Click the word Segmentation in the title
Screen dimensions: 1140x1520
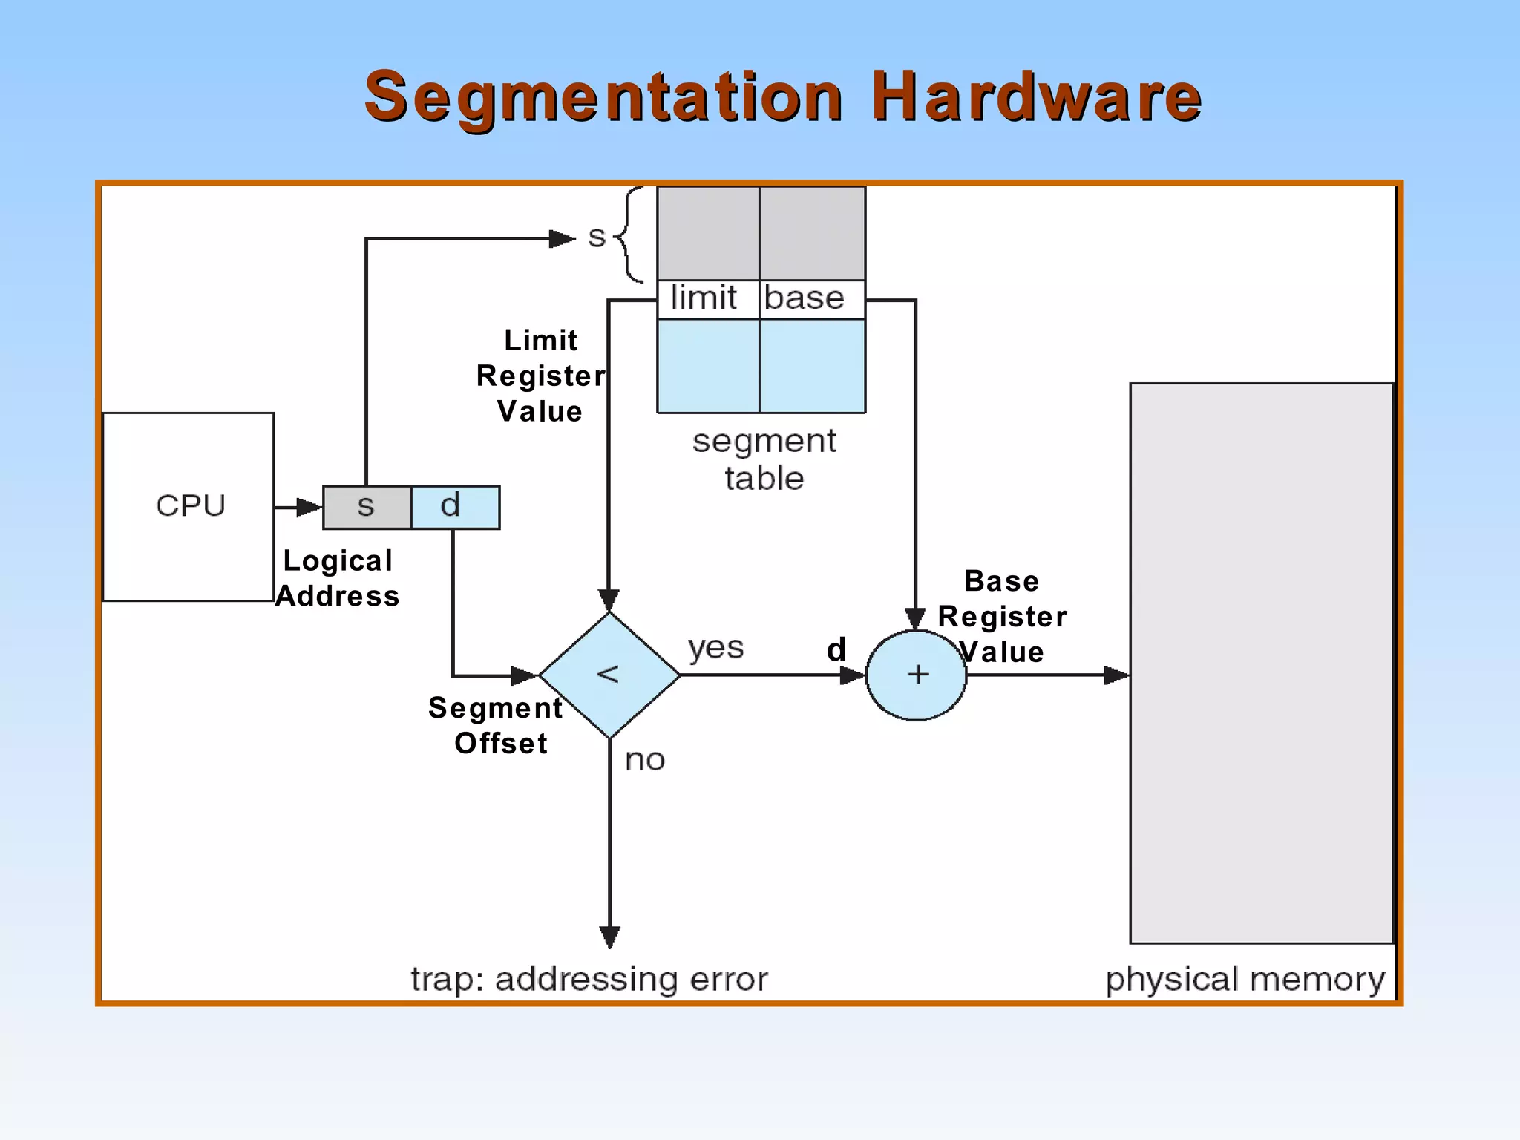[603, 98]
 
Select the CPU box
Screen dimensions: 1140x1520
[189, 506]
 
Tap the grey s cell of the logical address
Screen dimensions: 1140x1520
[367, 508]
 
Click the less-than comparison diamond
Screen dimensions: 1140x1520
[609, 675]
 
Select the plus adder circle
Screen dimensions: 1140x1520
[917, 675]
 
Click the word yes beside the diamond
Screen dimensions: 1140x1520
[715, 647]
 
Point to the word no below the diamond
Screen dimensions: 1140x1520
[644, 760]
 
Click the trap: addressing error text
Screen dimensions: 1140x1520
[589, 979]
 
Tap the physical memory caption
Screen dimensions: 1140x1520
[1245, 979]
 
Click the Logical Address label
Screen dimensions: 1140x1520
[338, 579]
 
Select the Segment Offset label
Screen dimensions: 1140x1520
[496, 725]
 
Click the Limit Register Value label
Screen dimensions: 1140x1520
[540, 376]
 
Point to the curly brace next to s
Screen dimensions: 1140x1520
[629, 235]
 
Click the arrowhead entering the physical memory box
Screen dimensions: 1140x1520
[1116, 675]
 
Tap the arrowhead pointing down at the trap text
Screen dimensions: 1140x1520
[609, 937]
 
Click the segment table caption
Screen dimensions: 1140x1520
[764, 459]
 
